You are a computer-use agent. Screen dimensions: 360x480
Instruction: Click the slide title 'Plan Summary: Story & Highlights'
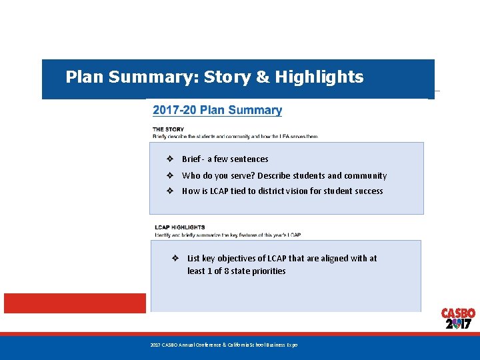[x=214, y=77]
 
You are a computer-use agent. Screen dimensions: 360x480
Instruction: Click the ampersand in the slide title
[x=263, y=77]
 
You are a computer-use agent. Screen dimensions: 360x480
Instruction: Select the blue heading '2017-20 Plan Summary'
[x=217, y=111]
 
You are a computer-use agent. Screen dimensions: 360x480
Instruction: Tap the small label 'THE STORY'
[x=168, y=129]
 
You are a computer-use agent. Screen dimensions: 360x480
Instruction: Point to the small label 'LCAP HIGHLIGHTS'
[x=180, y=227]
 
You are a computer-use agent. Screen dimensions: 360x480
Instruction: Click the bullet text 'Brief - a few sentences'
[x=225, y=159]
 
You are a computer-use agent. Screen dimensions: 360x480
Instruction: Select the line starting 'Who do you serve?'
[x=284, y=176]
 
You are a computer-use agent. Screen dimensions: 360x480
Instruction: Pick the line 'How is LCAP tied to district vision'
[x=282, y=191]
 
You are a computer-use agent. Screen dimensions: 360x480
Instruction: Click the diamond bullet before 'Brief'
[x=170, y=159]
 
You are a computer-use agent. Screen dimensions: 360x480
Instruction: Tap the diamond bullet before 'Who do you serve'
[x=170, y=176]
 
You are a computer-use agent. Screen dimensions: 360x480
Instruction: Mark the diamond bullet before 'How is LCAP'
[x=170, y=191]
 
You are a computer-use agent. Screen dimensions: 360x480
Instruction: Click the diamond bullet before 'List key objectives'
[x=175, y=258]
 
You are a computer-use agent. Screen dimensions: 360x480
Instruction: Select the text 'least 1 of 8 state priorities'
[x=236, y=271]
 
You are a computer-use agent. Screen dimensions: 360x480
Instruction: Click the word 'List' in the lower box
[x=194, y=258]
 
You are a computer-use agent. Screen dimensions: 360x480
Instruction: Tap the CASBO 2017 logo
[x=458, y=319]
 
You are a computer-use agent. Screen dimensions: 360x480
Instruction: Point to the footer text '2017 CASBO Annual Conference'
[x=223, y=345]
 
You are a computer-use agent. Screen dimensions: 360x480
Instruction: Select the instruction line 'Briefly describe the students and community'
[x=235, y=136]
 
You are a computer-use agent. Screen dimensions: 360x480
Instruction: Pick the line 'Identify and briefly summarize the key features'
[x=227, y=235]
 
